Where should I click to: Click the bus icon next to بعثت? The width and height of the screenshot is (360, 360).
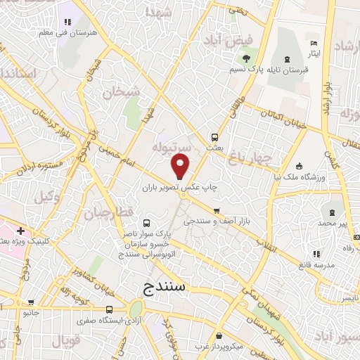(214, 138)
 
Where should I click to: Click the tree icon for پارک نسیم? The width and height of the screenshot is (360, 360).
(246, 58)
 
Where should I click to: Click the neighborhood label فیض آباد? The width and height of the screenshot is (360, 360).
(226, 41)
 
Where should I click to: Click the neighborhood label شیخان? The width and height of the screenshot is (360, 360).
(121, 92)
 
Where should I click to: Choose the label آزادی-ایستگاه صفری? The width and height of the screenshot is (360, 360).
(96, 320)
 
